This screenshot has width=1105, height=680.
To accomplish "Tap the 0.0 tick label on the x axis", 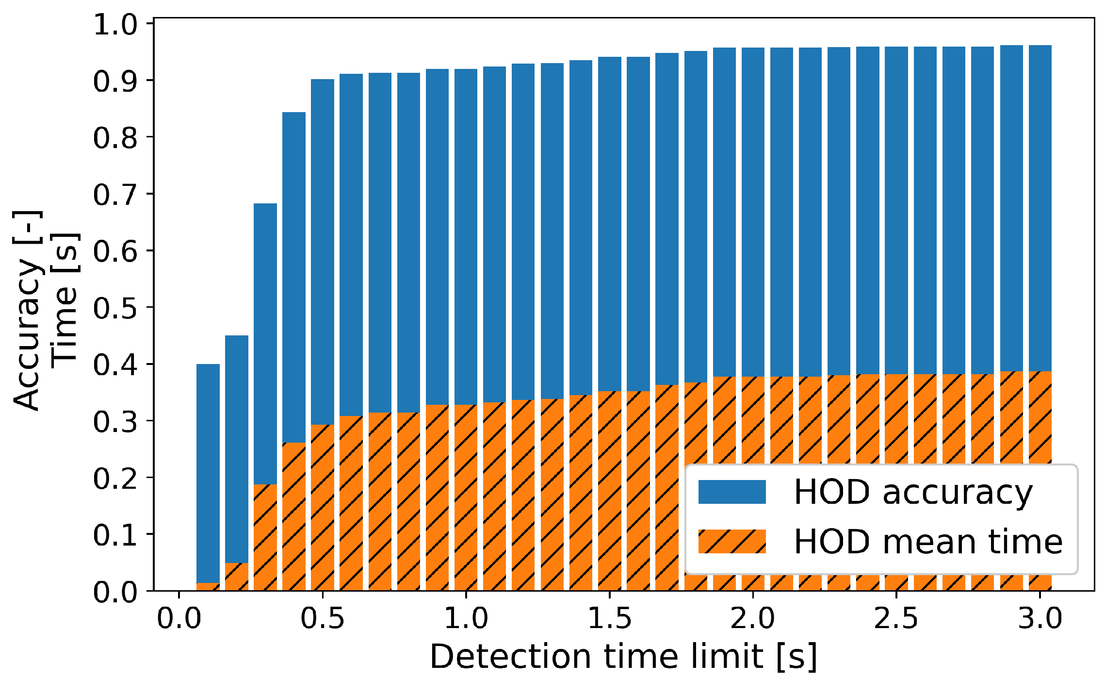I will [179, 619].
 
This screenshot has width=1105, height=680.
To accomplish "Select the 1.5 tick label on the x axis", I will [609, 619].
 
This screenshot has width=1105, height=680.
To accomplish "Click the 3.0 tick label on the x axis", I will [1040, 619].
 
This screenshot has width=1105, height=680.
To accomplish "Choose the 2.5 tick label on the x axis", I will [896, 619].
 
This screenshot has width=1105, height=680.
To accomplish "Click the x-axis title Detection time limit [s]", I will [623, 656].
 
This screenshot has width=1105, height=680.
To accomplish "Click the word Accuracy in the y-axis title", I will [27, 335].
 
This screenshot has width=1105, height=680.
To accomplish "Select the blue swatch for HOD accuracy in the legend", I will [731, 492].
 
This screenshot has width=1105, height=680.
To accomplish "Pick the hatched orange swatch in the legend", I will [731, 541].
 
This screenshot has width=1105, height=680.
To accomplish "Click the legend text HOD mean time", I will [928, 541].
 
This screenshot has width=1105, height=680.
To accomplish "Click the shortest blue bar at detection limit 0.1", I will [208, 471].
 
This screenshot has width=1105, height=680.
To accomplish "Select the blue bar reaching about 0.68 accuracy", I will [265, 340].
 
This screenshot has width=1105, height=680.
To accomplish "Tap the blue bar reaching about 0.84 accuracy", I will [294, 272].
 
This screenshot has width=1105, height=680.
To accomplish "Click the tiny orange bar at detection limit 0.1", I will [208, 587].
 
